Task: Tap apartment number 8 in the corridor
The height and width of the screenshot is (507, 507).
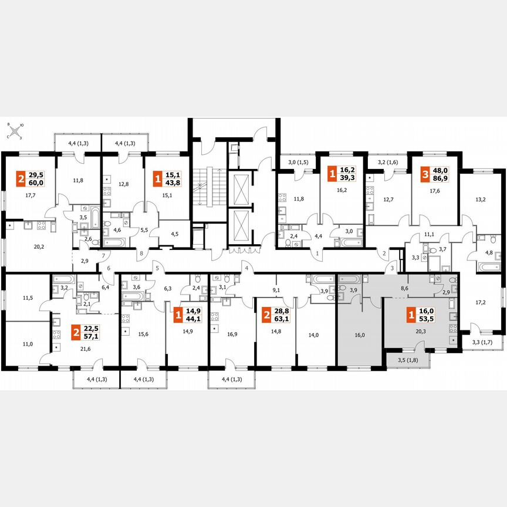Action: coord(141,254)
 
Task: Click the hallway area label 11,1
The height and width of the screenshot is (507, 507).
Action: coord(428,235)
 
